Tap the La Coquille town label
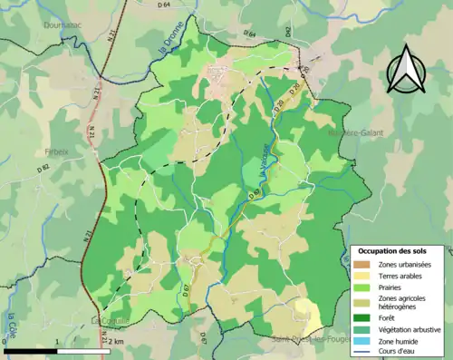(x=111, y=319)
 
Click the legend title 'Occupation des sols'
(x=398, y=250)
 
